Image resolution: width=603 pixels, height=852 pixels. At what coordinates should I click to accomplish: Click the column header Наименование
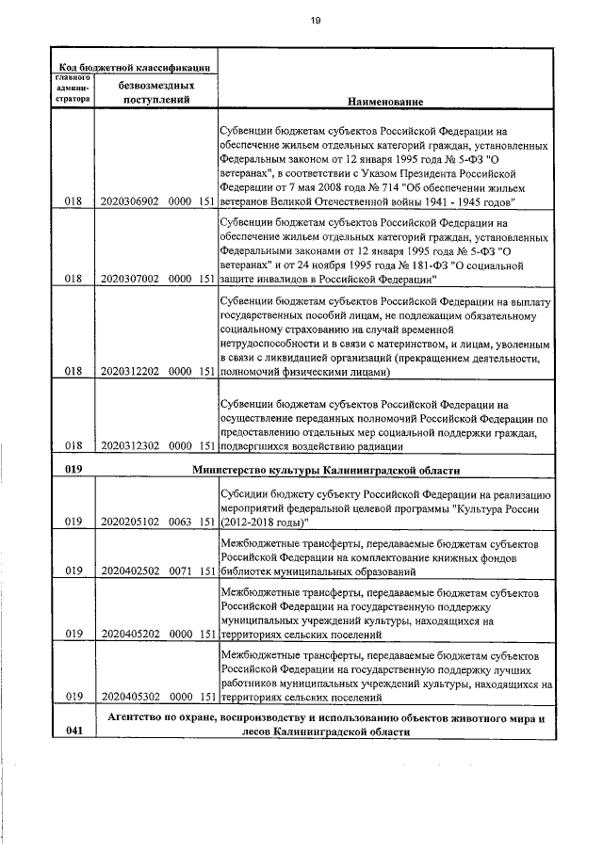[x=384, y=100]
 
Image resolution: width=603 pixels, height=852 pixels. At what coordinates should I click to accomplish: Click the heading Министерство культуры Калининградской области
[x=326, y=468]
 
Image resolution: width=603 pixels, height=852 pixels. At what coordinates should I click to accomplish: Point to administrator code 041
[x=74, y=731]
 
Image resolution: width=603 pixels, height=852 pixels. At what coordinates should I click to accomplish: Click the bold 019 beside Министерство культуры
[x=74, y=468]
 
